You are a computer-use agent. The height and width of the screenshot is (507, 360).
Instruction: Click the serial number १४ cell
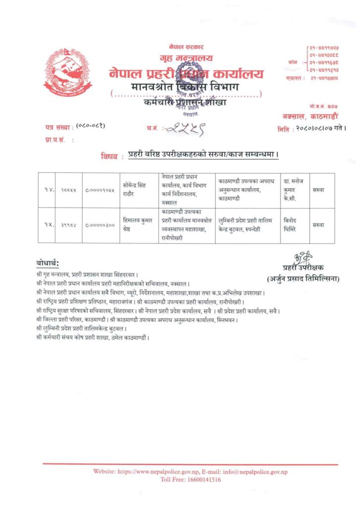(x=46, y=190)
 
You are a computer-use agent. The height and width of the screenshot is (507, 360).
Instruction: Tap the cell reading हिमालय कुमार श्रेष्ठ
(x=139, y=225)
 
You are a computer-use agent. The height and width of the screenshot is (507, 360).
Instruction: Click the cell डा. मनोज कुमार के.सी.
(x=293, y=190)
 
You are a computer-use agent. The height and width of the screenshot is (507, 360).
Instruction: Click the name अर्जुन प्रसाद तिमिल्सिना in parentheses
(x=303, y=279)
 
